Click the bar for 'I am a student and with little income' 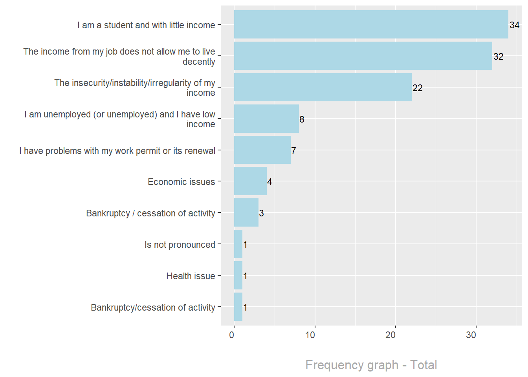pos(371,24)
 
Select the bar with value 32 pos(363,56)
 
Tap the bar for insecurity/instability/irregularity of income pos(323,87)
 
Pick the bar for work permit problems pos(262,150)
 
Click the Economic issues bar pos(250,181)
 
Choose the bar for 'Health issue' pos(238,275)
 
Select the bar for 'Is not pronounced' pos(238,244)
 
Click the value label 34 pos(514,25)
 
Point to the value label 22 pos(417,88)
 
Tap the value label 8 pos(302,119)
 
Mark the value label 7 pos(293,151)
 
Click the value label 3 pos(261,213)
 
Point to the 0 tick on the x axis pos(232,335)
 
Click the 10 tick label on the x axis pos(310,335)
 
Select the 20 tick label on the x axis pos(390,335)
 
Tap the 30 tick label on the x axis pos(471,335)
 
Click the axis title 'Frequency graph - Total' pos(371,365)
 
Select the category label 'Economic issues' pos(181,182)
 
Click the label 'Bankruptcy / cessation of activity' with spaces pos(150,213)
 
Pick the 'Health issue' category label pos(191,276)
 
